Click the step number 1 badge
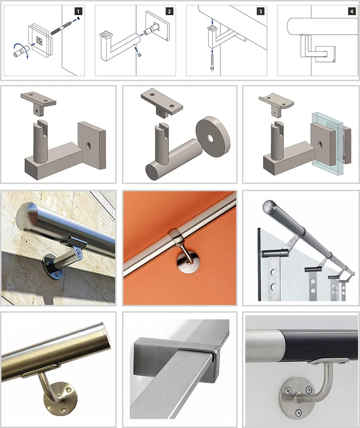78,12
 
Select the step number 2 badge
169,12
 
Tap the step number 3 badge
261,12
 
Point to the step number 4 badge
351,12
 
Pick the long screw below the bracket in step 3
212,62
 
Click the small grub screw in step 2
139,55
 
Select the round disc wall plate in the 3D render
213,136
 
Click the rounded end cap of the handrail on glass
269,207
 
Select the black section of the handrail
322,345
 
